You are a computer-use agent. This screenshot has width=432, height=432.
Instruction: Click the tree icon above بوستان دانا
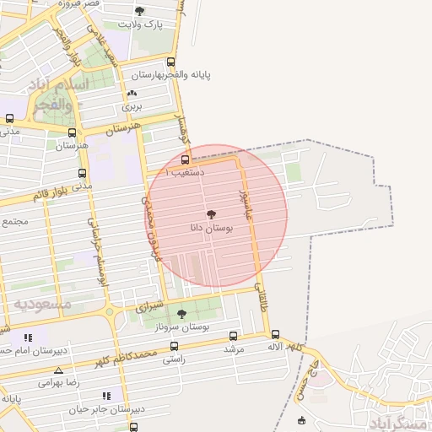[x=211, y=215]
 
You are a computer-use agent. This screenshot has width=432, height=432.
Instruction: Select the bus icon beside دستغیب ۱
[x=186, y=159]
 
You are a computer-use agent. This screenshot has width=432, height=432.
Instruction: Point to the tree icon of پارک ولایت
[x=139, y=11]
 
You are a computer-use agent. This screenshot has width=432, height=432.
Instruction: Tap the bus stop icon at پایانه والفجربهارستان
[x=172, y=62]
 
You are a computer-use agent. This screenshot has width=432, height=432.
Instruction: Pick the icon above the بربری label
[x=132, y=94]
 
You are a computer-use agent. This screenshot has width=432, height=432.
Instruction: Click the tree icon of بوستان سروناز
[x=181, y=314]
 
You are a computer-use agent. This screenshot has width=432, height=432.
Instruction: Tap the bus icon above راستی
[x=174, y=346]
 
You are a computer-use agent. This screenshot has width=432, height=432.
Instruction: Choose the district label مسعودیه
[x=41, y=302]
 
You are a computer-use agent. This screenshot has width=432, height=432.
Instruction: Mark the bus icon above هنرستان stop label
[x=71, y=132]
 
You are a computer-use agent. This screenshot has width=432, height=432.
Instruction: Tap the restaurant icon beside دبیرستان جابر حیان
[x=106, y=396]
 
